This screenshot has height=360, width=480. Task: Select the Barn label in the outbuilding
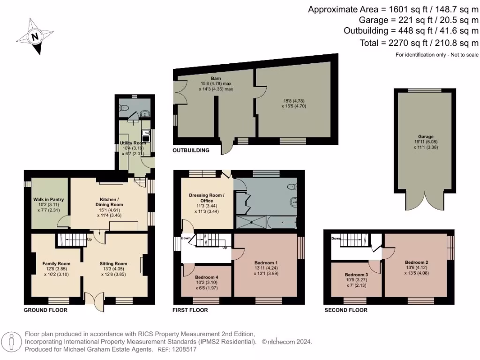click(216, 78)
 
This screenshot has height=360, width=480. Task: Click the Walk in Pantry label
click(48, 199)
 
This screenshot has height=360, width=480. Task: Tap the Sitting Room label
click(113, 263)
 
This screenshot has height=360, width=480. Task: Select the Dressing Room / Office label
click(207, 198)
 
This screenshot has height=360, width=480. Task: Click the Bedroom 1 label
click(266, 262)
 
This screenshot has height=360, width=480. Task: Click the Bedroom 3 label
click(356, 274)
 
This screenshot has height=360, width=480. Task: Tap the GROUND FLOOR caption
click(45, 310)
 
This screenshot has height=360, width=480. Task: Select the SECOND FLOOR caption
click(345, 310)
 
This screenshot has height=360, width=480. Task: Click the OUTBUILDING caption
click(191, 150)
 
